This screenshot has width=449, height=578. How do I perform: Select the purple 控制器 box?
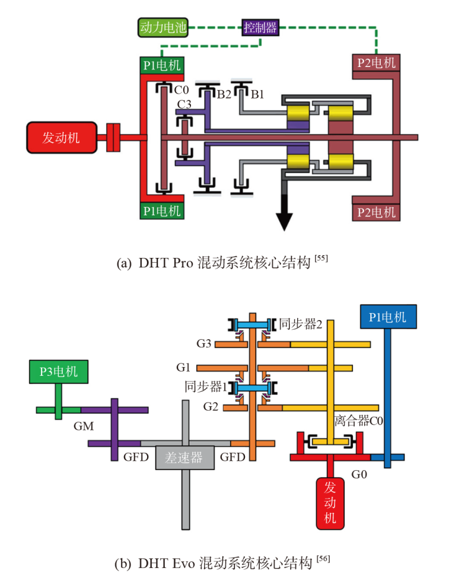point(260,27)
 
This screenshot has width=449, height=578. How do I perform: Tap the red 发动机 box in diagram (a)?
point(60,138)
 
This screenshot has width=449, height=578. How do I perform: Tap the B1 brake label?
point(258,93)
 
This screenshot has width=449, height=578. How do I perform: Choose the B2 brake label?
point(223,93)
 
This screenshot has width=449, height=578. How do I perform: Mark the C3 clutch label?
point(184,105)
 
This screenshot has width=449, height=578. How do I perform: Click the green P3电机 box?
point(59,372)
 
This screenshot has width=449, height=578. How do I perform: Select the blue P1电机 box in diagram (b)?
point(387,317)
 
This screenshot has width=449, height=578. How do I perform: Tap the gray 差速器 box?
point(184,458)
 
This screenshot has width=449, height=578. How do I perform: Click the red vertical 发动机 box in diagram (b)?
point(330,502)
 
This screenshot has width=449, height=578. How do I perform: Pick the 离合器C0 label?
point(359,421)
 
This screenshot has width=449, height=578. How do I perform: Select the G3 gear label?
point(203,344)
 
